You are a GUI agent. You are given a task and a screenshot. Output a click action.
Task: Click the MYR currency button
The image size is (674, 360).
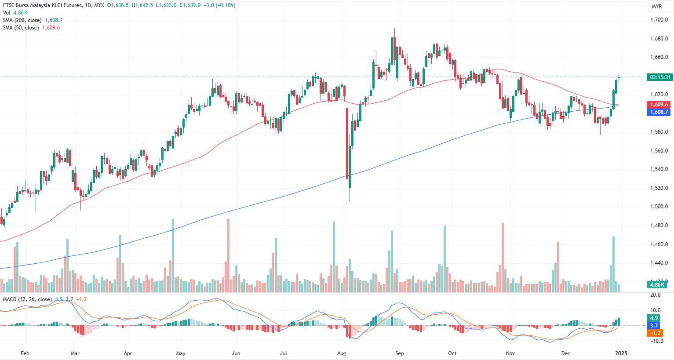pos(657,7)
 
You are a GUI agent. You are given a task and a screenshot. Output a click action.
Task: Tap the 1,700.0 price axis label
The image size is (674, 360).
pos(659,20)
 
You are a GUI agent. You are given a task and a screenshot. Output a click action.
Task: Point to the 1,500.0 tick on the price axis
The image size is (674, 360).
pos(659,207)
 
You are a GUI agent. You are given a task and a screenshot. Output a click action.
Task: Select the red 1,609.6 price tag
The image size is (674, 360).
pos(659,105)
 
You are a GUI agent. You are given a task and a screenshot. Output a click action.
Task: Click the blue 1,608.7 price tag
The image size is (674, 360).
pos(659,112)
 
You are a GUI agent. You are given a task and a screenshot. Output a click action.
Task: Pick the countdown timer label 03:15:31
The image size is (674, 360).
pos(660,77)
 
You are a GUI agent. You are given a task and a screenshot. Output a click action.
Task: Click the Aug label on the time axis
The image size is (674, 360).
pos(342,353)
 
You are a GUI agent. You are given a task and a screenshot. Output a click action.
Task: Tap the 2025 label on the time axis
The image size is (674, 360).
pos(621,353)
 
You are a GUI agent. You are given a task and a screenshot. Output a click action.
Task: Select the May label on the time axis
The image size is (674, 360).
pos(181,353)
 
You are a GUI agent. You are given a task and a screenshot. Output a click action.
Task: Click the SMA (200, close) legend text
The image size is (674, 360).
pos(22,20)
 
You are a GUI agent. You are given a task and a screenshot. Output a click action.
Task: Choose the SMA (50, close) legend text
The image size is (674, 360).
pos(21,28)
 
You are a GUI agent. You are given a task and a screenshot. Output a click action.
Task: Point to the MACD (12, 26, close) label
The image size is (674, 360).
pos(27,299)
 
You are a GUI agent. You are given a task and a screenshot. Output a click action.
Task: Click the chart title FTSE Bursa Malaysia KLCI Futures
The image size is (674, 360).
pos(42,5)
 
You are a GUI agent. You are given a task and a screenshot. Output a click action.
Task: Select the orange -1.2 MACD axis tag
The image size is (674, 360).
pos(654,333)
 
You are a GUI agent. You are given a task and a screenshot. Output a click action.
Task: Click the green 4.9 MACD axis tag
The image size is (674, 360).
pos(654,318)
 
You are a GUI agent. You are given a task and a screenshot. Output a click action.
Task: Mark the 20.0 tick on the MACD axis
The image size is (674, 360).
pos(655,295)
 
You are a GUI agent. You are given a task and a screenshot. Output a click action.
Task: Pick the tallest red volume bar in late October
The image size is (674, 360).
pos(503,257)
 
